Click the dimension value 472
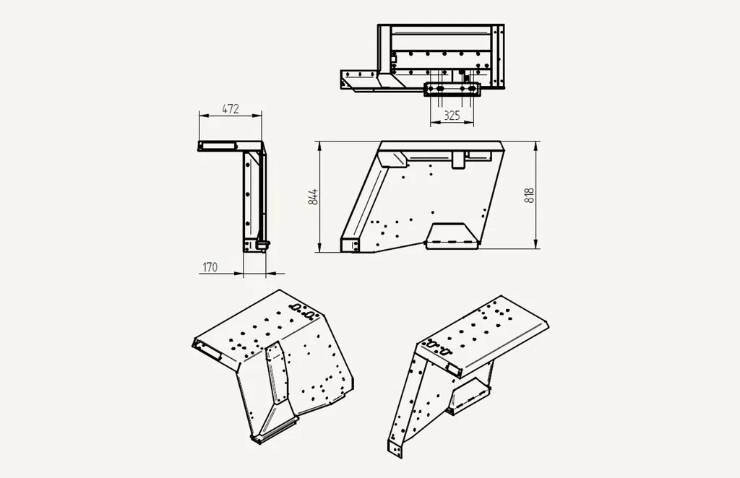[231, 109]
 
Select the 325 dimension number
[452, 116]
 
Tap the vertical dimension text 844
[313, 196]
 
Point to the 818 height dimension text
[529, 195]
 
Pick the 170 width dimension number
[210, 267]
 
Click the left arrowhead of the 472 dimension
[203, 115]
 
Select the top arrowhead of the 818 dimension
[536, 145]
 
